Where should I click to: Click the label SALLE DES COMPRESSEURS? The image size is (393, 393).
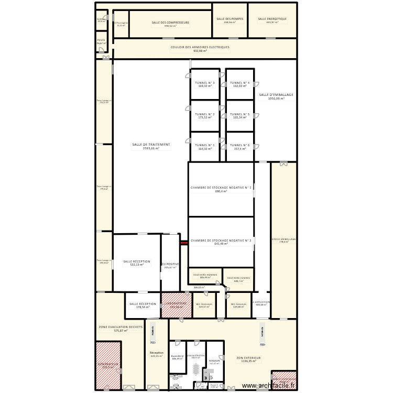pos(170,23)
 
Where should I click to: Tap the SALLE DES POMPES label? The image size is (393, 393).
pos(230,19)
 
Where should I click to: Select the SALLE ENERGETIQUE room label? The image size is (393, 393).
pos(272,19)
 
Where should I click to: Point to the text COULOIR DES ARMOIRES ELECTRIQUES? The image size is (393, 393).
pos(200,47)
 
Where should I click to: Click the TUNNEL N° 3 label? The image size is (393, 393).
pos(204,83)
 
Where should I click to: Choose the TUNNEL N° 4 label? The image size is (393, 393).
pos(239,83)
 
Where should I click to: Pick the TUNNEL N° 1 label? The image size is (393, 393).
pos(204,145)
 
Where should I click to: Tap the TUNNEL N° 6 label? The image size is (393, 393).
pos(239,145)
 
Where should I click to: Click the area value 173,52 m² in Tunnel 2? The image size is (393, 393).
pos(204,118)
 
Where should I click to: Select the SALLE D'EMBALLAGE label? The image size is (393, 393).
pos(276,95)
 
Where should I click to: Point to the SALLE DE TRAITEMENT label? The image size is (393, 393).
pos(151,144)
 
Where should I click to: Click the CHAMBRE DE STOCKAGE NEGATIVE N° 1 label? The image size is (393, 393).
pos(221,187)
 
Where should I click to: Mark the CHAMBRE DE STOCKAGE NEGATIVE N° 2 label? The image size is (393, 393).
pos(221,241)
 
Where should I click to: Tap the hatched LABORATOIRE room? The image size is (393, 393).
pos(173,305)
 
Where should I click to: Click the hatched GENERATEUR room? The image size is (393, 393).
pos(108,365)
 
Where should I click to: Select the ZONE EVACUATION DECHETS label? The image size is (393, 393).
pos(121,326)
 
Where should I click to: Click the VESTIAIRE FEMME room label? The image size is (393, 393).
pos(238,278)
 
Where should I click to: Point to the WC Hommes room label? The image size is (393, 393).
pos(204,304)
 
